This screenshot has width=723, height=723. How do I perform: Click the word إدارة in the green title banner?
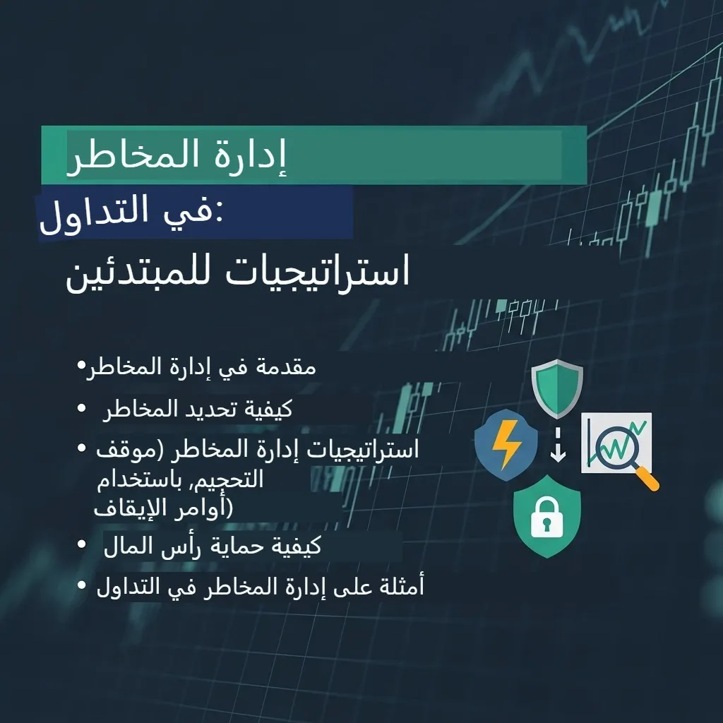tap(244, 155)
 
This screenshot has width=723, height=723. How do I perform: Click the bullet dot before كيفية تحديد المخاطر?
tap(82, 408)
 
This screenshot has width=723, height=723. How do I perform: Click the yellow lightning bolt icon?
tap(506, 445)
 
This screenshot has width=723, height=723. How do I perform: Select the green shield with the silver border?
tap(557, 388)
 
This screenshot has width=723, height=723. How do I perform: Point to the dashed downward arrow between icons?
tap(558, 445)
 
